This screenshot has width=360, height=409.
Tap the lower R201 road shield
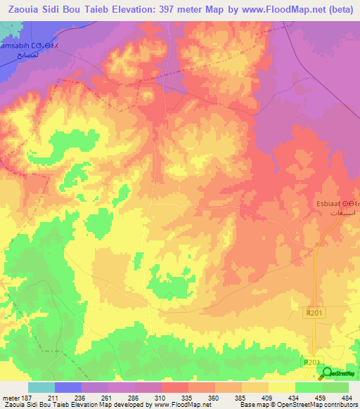point(311,362)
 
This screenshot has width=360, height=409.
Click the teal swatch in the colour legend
point(41,388)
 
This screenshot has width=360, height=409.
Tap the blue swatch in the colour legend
point(67,388)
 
